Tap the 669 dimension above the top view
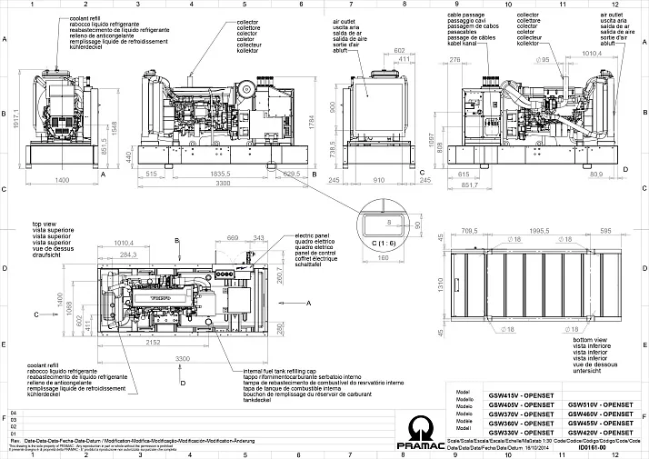[x=233, y=237]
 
